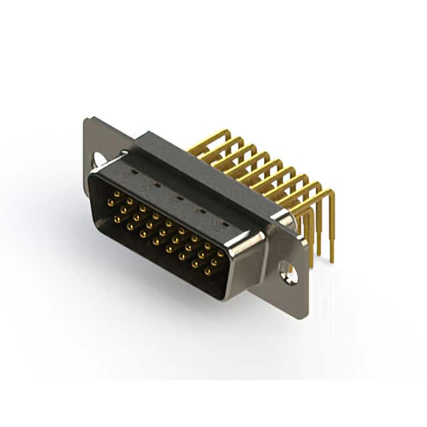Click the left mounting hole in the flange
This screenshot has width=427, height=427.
coord(99,159)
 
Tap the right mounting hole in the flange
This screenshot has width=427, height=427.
coord(288,272)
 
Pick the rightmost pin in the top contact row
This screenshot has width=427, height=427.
coord(221,254)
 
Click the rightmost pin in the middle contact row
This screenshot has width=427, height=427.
coord(214,262)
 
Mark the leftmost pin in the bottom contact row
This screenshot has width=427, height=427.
coord(117,218)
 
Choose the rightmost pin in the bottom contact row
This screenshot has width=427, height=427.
coord(207,272)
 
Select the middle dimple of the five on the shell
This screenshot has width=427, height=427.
coord(177,197)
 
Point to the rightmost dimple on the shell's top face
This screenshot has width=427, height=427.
coord(225,224)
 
